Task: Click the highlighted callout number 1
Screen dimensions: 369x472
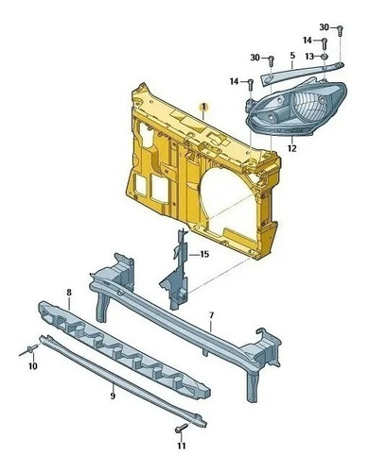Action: (204, 108)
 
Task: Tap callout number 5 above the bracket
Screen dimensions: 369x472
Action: (292, 56)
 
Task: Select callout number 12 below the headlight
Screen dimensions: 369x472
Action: (292, 148)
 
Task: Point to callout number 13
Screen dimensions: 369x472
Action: (309, 57)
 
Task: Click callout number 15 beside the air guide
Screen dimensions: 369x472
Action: (204, 254)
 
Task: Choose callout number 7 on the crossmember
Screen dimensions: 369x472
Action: (212, 315)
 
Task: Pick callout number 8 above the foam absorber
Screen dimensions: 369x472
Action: (69, 293)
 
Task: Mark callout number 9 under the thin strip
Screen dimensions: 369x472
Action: (113, 396)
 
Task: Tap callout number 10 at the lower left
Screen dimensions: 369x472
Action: (33, 366)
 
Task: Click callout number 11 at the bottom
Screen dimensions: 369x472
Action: (182, 446)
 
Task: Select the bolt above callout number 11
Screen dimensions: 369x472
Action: (182, 428)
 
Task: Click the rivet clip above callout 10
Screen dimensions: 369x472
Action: (29, 350)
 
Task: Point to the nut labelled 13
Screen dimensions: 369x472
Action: (325, 57)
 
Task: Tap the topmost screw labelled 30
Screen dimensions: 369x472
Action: (340, 31)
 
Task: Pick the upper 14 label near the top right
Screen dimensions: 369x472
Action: (307, 41)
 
